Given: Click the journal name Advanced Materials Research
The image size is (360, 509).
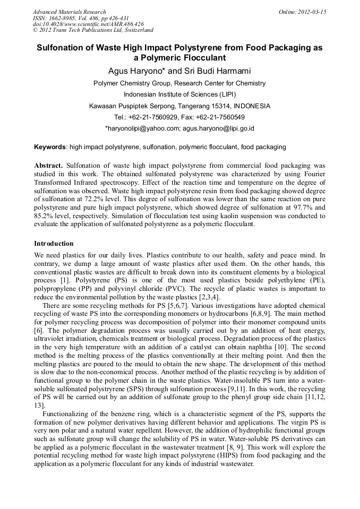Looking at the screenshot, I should pos(69,12).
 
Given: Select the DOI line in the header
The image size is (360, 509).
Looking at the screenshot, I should pos(88,24).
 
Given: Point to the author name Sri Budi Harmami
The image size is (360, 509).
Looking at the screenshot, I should pos(213,71).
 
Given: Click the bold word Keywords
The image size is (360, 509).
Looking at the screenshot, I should pos(50,147).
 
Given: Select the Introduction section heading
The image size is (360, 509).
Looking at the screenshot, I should pos(54,244).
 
